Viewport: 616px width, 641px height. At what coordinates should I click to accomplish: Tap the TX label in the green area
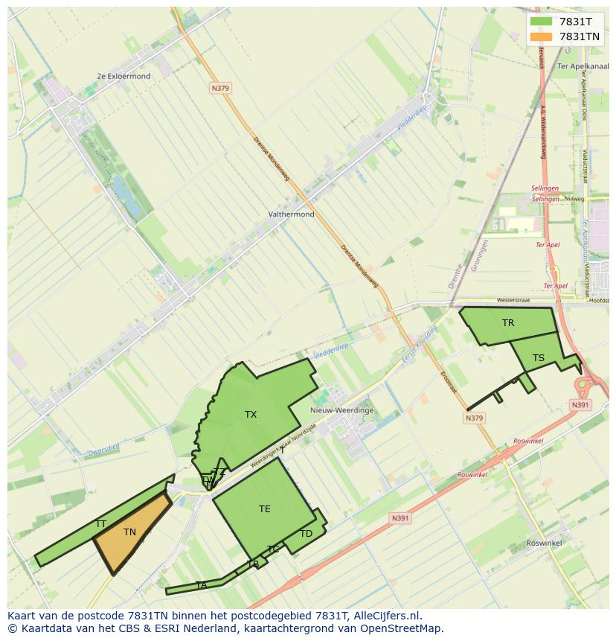coord(251,415)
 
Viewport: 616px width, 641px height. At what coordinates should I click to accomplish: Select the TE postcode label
coord(265,509)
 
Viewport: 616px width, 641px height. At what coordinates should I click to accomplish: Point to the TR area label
coord(508,323)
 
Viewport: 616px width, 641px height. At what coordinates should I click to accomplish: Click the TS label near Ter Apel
coord(539,358)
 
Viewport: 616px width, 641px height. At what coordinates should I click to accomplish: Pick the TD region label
coord(307,534)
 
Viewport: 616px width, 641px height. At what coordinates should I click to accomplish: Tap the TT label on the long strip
coord(100,524)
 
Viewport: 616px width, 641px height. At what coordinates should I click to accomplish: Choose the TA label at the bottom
coord(202,585)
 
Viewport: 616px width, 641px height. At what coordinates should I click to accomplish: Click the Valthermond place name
coord(291,214)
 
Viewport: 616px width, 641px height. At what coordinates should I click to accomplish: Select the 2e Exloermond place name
coord(123,76)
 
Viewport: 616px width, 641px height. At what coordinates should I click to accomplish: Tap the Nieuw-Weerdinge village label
coord(342,410)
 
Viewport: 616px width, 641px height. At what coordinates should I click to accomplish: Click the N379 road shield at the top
coord(220,88)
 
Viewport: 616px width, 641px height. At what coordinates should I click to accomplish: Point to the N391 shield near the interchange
coord(580,405)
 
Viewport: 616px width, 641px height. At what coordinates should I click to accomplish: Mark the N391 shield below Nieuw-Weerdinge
coord(400,518)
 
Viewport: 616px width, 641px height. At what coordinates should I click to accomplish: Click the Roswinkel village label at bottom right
coord(544,543)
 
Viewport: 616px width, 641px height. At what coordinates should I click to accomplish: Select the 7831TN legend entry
coord(580,36)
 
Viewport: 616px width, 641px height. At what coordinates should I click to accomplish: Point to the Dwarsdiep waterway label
coord(103,449)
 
